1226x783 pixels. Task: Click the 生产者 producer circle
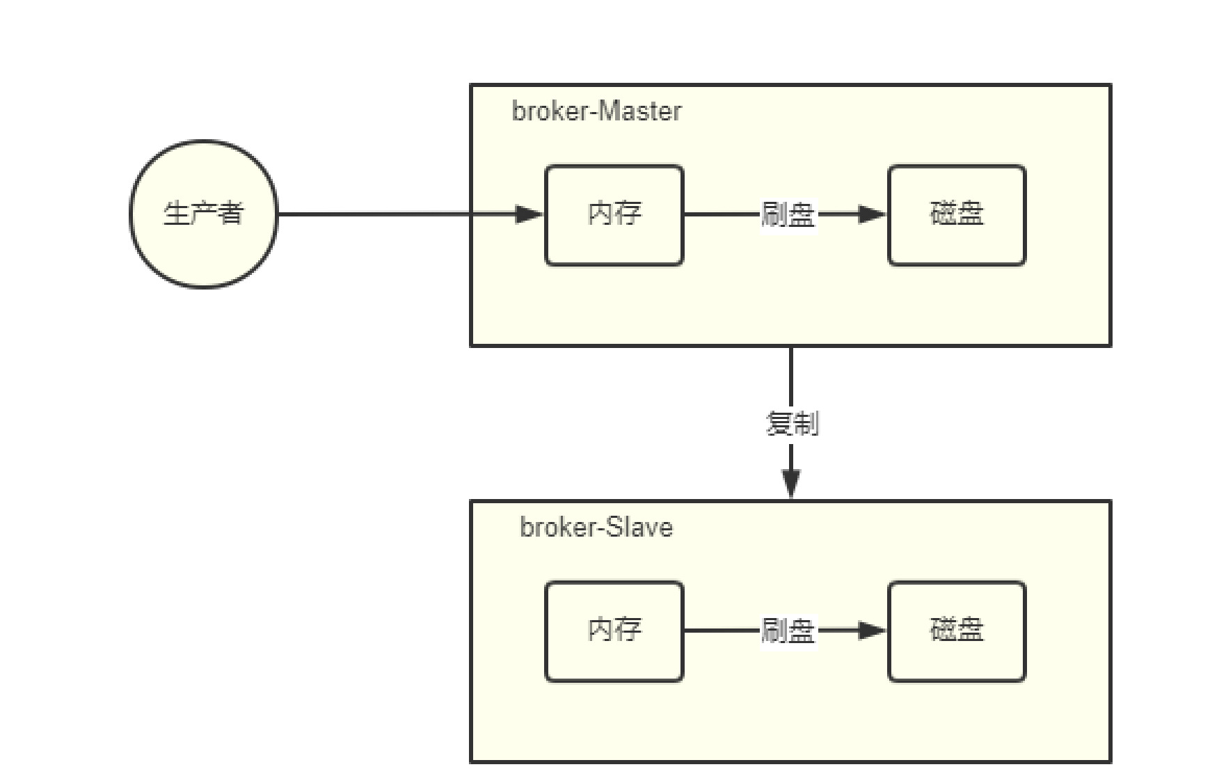203,214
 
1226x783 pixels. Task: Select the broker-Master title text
596,111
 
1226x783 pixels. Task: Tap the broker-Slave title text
596,527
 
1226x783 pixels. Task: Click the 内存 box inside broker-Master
614,215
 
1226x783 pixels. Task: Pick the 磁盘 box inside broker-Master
957,215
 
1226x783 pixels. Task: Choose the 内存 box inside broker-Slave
614,631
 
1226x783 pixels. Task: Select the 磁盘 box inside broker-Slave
957,631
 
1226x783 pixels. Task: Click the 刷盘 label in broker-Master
788,214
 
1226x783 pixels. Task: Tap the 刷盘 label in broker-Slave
788,631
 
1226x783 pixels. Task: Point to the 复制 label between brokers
792,423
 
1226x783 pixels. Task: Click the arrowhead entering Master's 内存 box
529,214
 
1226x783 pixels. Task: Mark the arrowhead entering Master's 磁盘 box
872,214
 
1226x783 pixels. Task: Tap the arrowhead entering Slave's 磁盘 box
872,631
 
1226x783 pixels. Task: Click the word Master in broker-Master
640,111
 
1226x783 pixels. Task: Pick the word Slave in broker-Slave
638,527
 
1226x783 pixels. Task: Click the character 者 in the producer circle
230,213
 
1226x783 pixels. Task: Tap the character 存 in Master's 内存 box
628,213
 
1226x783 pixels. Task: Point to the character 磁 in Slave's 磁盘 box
943,629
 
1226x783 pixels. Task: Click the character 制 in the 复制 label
806,423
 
